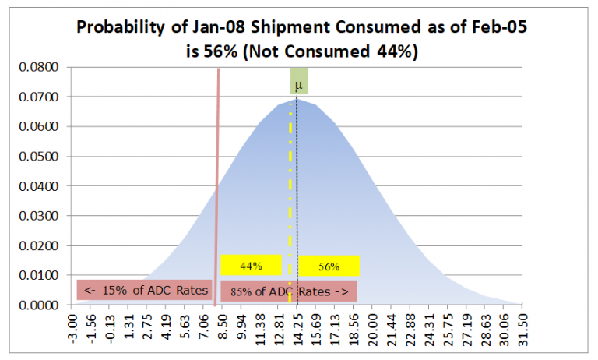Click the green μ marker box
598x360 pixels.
(x=299, y=82)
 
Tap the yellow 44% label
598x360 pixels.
(x=251, y=266)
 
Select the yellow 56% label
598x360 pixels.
(x=329, y=266)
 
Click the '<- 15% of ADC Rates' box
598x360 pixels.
(x=145, y=291)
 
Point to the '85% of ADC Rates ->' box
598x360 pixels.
(x=289, y=291)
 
